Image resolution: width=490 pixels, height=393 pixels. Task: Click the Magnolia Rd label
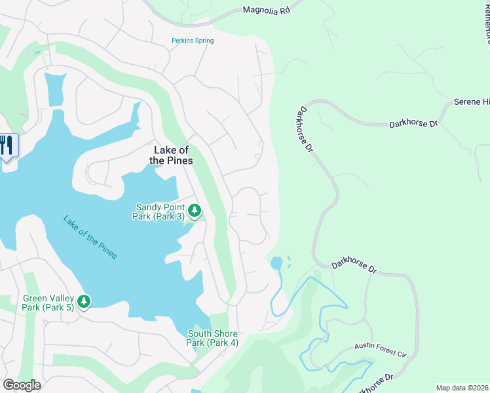point(265,10)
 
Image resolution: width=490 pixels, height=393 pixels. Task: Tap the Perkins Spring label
point(193,41)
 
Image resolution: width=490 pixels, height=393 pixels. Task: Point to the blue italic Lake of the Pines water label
point(90,236)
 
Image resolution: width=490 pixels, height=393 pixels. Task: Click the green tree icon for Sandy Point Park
point(195,211)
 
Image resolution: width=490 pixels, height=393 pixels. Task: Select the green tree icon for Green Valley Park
point(83,301)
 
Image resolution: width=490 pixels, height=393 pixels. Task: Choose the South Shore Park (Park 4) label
point(212,338)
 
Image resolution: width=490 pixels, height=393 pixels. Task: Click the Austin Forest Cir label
point(381,349)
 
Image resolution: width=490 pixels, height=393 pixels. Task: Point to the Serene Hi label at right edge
point(472,102)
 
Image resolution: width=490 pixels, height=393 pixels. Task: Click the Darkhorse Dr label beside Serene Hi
point(413,123)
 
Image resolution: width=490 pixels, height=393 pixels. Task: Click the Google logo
point(22,385)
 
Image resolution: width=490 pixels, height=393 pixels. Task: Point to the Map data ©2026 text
point(462,387)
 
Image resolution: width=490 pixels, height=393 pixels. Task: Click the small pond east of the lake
point(276,263)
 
